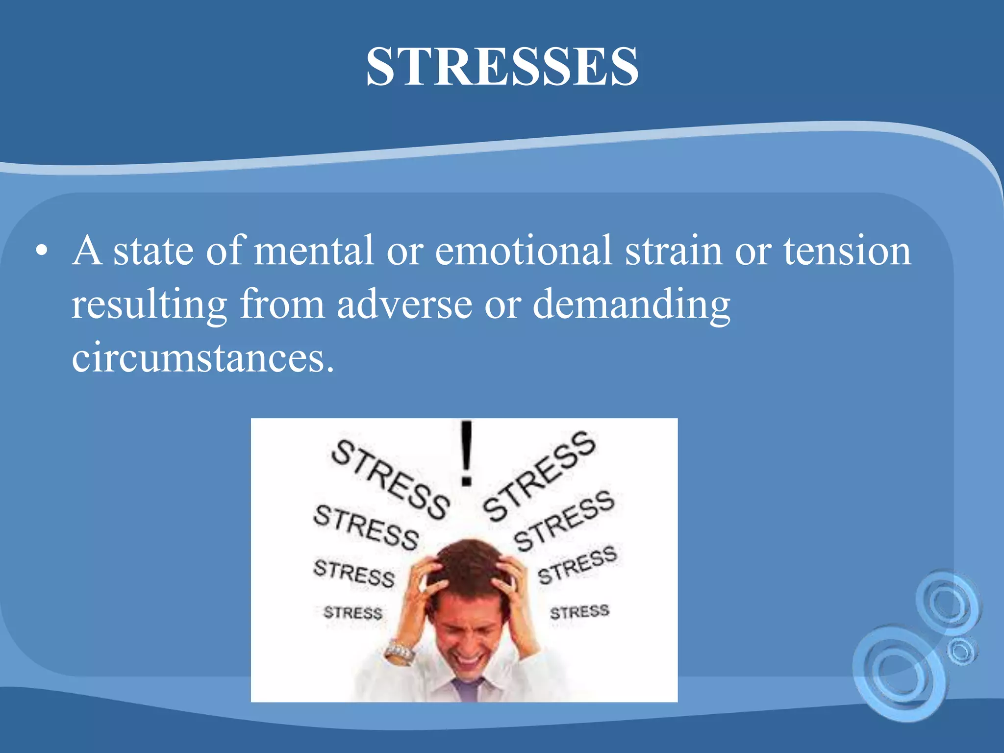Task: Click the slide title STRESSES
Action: coord(502,67)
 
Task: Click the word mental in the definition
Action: coord(314,251)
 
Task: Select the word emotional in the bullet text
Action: coord(523,251)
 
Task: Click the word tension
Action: coord(847,251)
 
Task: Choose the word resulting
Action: coord(149,305)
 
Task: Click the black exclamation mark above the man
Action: coord(466,453)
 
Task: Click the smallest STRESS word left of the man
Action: coord(352,612)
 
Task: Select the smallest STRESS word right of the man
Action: coord(579,612)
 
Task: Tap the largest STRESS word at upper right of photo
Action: coord(539,476)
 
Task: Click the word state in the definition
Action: coord(153,251)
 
